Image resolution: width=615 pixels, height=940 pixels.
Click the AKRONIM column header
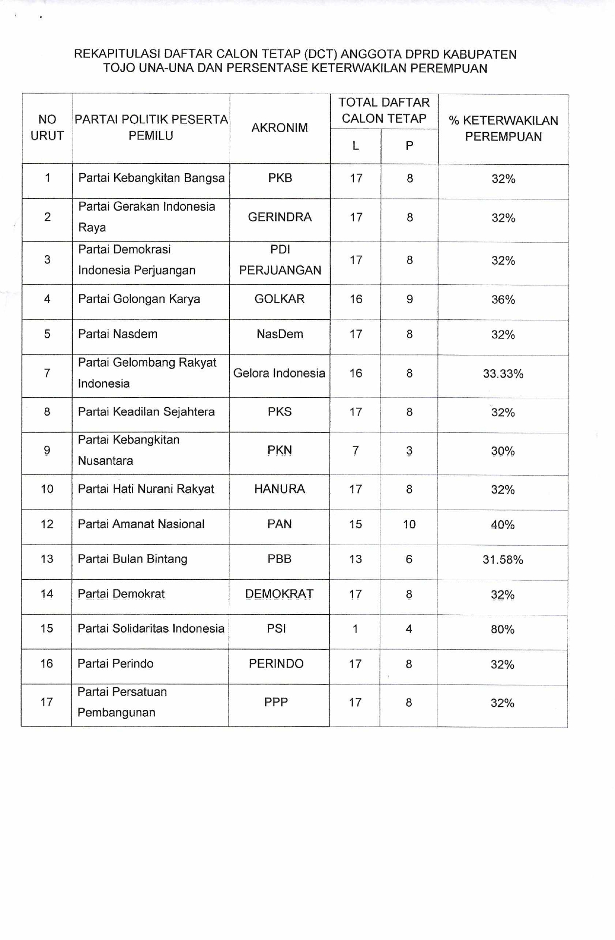(279, 128)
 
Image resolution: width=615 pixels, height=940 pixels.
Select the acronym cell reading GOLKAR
(279, 299)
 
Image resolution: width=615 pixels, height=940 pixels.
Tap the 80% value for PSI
(502, 629)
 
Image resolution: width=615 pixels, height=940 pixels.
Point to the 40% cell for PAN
(502, 525)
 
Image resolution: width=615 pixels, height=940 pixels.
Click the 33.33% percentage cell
(503, 374)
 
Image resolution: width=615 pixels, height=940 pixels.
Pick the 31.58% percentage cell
(503, 560)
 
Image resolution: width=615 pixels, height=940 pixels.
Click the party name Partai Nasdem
(118, 334)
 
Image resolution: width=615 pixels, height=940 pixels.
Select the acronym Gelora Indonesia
(279, 373)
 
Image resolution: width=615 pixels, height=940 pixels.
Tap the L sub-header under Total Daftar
(356, 146)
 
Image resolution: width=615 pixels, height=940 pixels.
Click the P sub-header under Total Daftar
(409, 146)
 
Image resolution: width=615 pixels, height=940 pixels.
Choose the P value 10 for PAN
(409, 524)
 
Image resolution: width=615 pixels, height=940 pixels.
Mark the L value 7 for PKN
(356, 451)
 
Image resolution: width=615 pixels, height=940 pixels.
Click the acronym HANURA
(279, 489)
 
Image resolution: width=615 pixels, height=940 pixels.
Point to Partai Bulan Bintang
(132, 559)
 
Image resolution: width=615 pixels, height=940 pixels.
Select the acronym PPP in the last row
(276, 702)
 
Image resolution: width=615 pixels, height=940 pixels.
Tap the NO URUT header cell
(47, 128)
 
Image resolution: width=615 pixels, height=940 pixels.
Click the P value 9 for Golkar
(410, 299)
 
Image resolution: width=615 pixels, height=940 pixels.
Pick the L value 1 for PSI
(355, 629)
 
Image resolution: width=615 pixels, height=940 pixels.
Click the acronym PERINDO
(276, 664)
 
